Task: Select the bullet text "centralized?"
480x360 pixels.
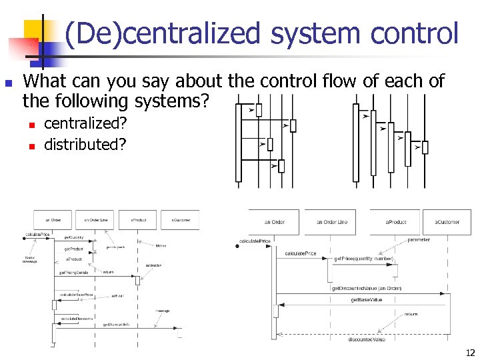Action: (85, 124)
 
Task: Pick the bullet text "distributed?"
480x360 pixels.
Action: (85, 144)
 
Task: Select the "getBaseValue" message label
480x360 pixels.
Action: (366, 300)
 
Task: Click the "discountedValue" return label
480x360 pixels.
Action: (366, 339)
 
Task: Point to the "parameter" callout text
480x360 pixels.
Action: (419, 239)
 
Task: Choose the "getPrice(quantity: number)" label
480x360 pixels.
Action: (364, 258)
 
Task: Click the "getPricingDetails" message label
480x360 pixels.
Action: (73, 272)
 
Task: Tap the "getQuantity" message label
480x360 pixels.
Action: (73, 237)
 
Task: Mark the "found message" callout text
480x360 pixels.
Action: (31, 259)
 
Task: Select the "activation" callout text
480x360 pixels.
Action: (153, 265)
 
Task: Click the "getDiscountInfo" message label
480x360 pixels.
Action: (115, 325)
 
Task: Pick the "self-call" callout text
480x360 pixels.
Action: (117, 295)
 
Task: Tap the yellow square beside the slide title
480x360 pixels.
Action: (33, 30)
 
